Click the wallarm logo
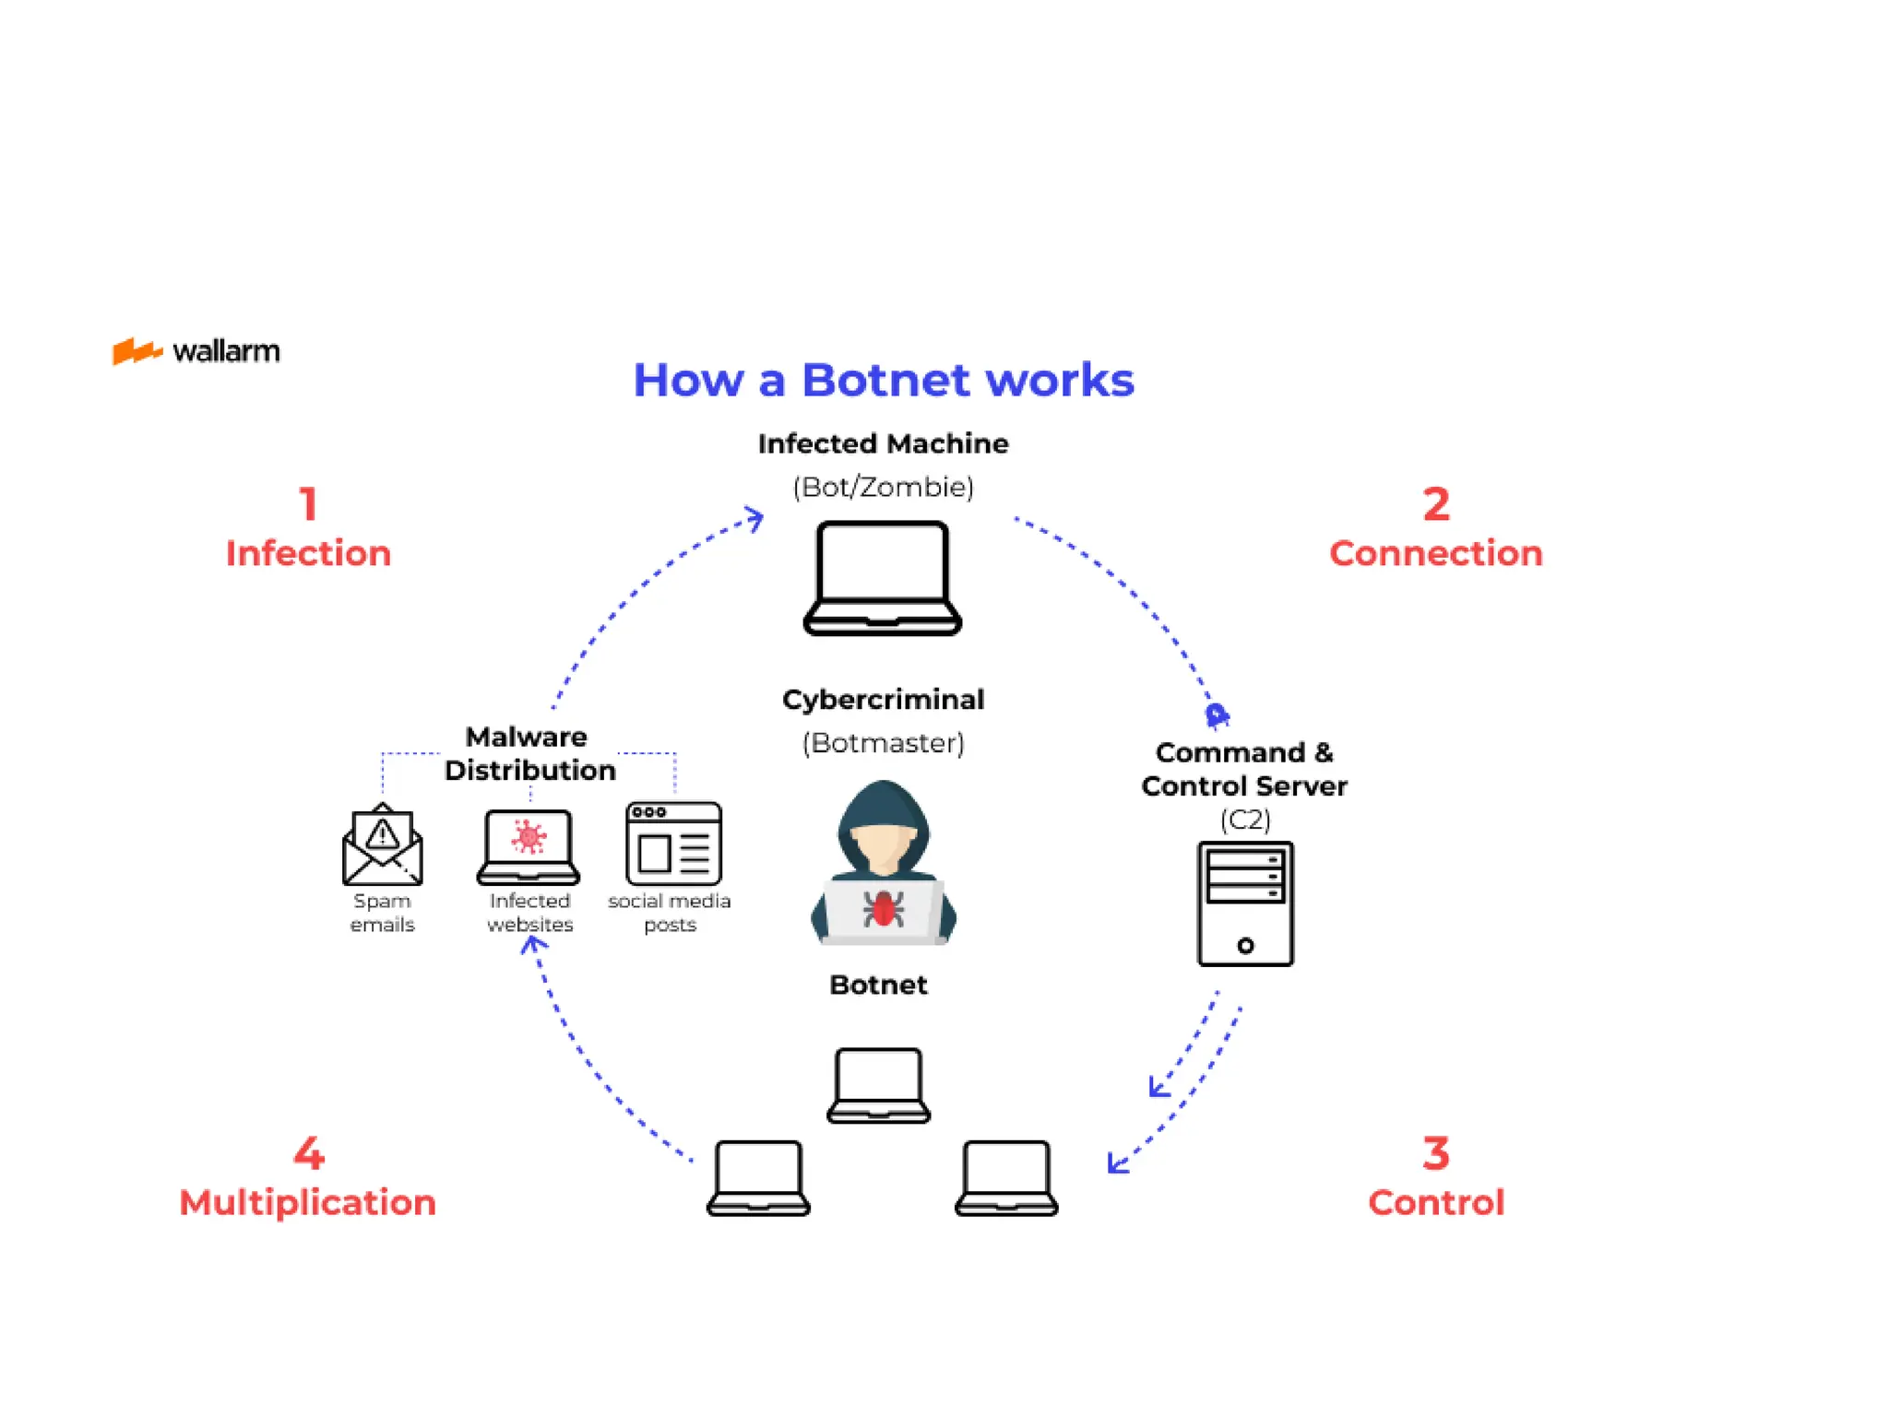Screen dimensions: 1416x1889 (196, 351)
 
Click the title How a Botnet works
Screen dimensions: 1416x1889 (883, 380)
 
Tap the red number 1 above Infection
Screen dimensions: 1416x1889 (308, 504)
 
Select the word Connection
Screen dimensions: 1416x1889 (1435, 553)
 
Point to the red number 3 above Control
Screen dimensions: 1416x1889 (1435, 1153)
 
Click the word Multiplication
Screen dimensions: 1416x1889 (307, 1202)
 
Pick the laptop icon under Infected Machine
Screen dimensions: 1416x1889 (883, 578)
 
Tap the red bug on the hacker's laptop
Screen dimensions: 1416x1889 (883, 909)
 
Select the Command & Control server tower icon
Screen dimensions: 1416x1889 (1244, 903)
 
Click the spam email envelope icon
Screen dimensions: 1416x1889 (382, 845)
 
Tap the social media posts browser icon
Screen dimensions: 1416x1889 (673, 844)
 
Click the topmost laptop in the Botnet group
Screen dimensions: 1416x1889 (878, 1085)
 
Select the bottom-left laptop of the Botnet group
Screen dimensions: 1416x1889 (758, 1178)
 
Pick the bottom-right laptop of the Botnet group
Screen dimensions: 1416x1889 (1005, 1178)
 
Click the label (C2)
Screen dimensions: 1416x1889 (1244, 819)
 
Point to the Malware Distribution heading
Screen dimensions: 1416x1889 (529, 753)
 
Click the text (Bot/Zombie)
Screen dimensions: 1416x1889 (883, 487)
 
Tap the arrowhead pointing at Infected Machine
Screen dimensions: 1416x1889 (755, 518)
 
